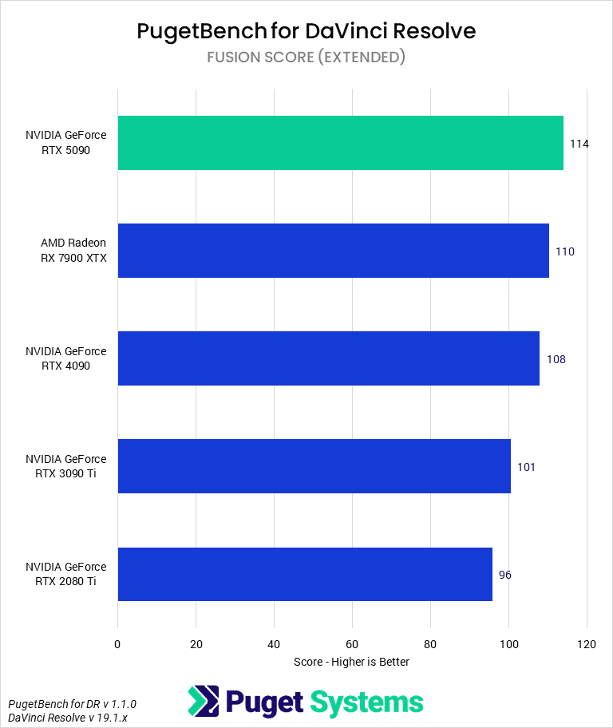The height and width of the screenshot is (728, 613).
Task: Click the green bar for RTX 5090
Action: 340,143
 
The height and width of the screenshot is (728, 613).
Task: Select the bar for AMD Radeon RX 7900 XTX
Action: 333,251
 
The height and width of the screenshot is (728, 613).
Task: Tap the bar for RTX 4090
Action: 328,358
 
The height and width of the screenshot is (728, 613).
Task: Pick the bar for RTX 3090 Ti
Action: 314,466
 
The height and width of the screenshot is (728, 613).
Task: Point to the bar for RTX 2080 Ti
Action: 305,574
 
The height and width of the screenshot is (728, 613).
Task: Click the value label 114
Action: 579,144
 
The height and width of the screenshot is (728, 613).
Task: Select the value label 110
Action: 565,251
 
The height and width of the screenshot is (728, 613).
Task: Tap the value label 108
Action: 556,359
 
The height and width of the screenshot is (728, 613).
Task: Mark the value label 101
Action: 526,467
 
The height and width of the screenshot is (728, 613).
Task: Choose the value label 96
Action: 504,575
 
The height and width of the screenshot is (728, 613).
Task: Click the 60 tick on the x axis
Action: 352,644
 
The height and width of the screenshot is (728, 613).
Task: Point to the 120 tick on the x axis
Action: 587,644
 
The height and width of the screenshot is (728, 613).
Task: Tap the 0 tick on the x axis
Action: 117,644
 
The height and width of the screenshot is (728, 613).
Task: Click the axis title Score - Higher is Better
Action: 351,662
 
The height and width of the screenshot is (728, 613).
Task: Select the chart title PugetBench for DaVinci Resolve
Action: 306,31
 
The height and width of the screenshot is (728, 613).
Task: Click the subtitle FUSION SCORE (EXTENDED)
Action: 306,57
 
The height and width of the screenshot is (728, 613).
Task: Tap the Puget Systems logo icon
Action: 203,702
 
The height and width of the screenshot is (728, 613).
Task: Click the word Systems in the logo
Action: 366,702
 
